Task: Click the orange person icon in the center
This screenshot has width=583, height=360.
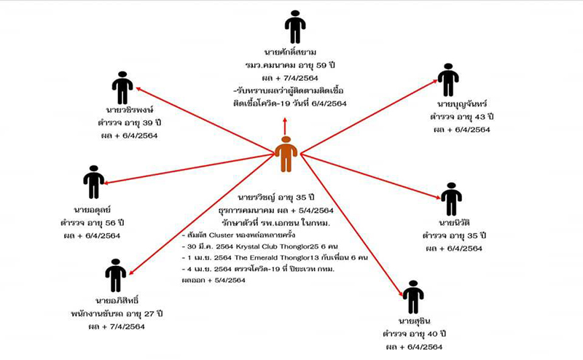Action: [x=286, y=154]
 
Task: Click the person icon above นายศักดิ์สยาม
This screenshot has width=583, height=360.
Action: [x=294, y=27]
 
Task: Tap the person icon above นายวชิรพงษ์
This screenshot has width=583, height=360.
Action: [x=122, y=87]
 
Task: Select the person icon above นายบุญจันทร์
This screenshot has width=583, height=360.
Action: [x=448, y=80]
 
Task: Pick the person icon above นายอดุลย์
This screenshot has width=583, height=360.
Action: [x=94, y=182]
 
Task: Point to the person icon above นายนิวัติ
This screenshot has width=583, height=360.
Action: [x=451, y=198]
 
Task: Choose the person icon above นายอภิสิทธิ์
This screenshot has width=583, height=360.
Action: [x=115, y=275]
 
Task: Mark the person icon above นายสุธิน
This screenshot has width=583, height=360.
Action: [x=413, y=297]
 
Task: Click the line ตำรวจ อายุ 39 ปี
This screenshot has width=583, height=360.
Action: [x=122, y=122]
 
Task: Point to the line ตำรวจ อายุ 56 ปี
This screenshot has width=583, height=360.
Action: [x=93, y=222]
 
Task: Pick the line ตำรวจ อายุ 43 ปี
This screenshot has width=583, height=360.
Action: [x=462, y=117]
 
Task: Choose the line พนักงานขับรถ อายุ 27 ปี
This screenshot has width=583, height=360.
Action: [x=116, y=313]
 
